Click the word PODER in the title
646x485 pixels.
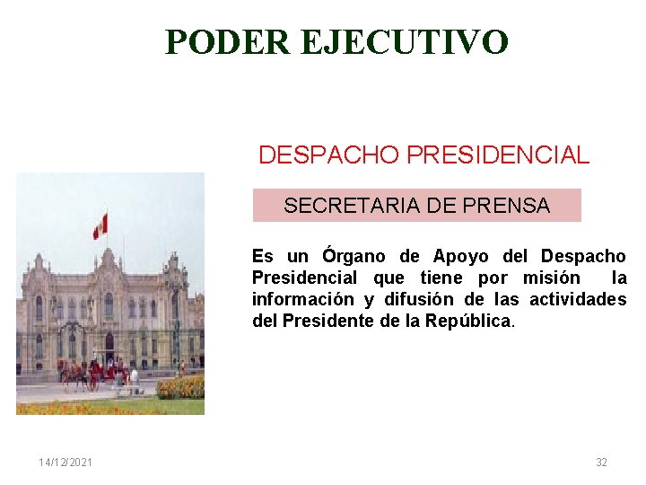click(x=227, y=41)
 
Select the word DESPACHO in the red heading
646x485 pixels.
click(x=329, y=154)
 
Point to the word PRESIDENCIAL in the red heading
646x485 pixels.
click(x=498, y=154)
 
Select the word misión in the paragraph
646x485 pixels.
click(x=551, y=278)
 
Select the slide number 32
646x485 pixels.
click(x=601, y=463)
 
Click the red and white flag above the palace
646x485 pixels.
click(x=100, y=225)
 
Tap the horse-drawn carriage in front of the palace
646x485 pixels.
click(x=99, y=371)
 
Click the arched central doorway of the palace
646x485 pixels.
click(x=109, y=346)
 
